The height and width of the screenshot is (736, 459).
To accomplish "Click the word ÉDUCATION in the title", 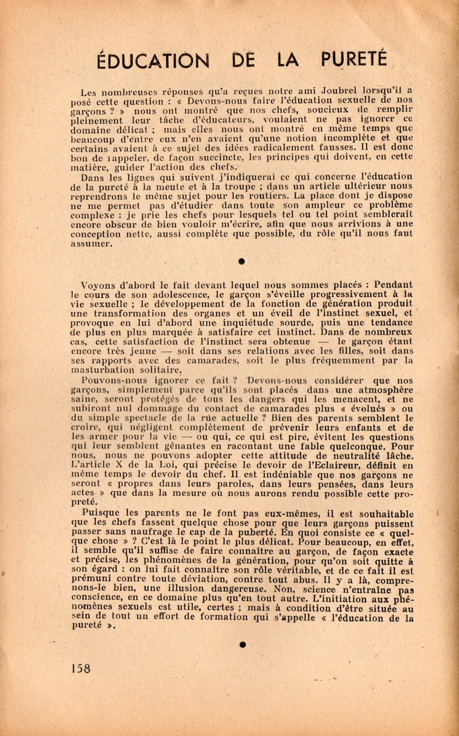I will (x=153, y=60).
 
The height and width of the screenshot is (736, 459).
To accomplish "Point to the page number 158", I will (x=80, y=669).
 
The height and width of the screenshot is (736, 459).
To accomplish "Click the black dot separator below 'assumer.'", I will (x=241, y=261).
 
